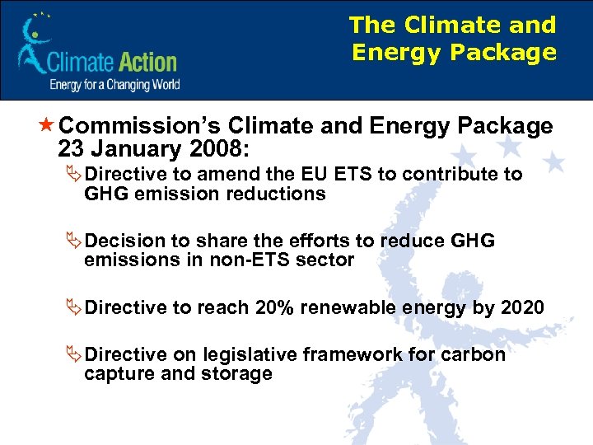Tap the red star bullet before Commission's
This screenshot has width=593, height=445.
[x=46, y=126]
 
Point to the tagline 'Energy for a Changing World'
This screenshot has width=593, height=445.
[x=114, y=84]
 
